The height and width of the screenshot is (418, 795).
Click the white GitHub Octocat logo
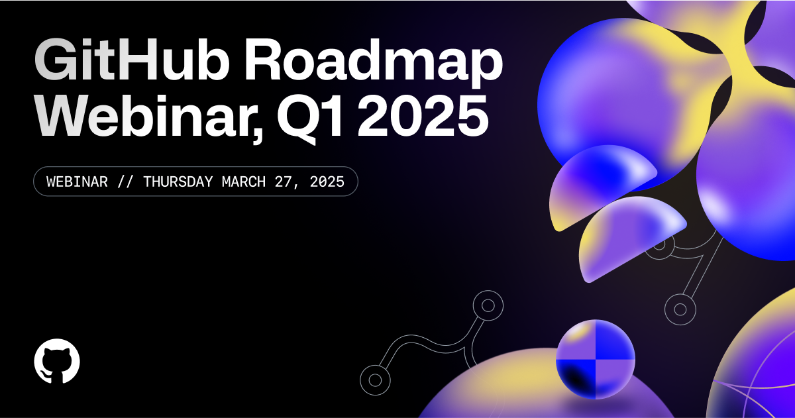tap(57, 362)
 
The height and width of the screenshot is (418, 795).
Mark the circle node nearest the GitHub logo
tap(374, 380)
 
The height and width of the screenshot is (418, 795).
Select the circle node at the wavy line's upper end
tap(488, 305)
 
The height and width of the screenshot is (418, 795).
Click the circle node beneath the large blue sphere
tap(679, 308)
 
